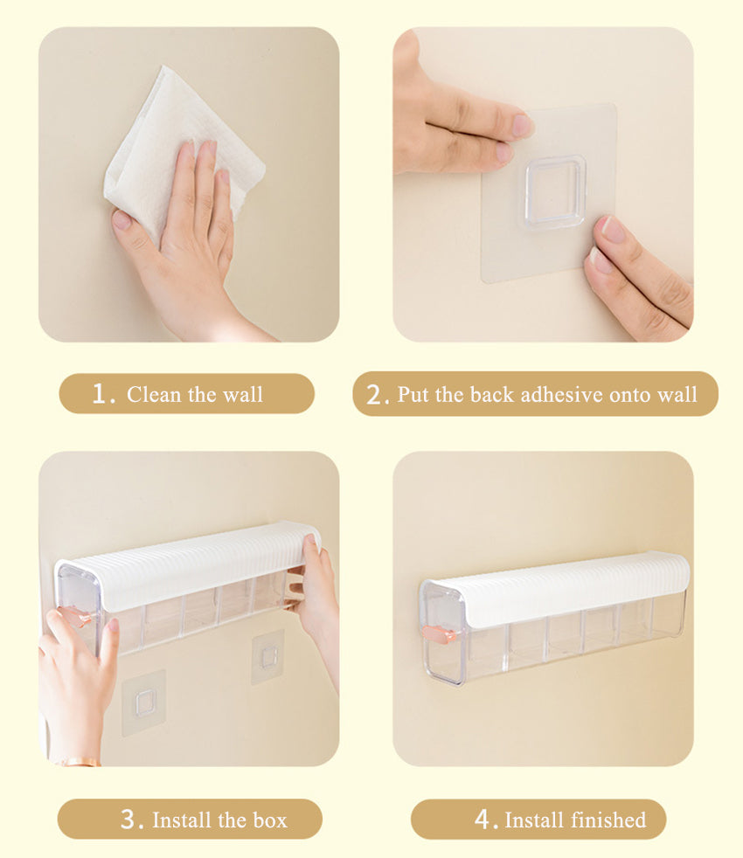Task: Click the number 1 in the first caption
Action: click(100, 393)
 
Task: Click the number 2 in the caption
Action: click(375, 395)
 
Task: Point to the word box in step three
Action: click(270, 820)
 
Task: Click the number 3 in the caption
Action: click(129, 820)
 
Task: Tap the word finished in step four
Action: click(608, 820)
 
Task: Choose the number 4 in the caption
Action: click(483, 820)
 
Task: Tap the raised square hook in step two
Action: click(555, 190)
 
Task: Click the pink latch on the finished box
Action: click(440, 635)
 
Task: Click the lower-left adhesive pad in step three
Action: click(144, 702)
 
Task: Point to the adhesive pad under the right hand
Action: click(267, 657)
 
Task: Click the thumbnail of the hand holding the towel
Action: click(189, 184)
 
